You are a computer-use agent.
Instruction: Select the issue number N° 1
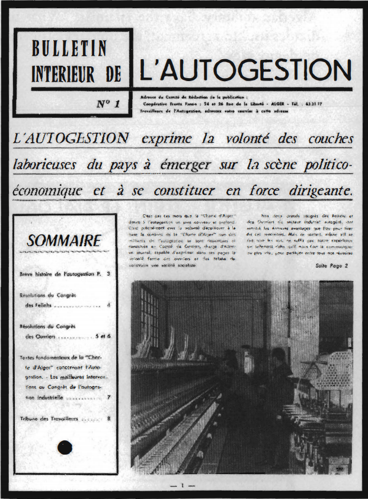click(108, 104)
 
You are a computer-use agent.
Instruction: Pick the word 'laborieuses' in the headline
click(46, 165)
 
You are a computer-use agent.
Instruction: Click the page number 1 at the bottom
click(184, 486)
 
